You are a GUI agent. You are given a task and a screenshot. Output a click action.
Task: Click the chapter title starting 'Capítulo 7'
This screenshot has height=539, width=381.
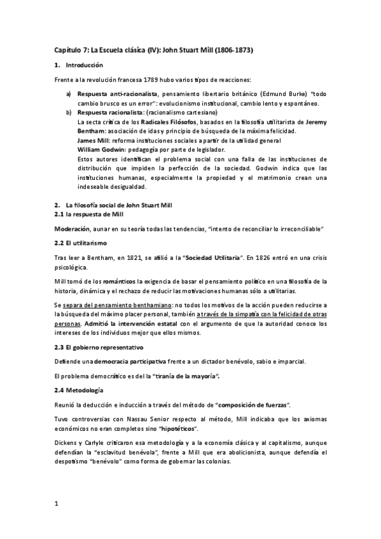[153, 50]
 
